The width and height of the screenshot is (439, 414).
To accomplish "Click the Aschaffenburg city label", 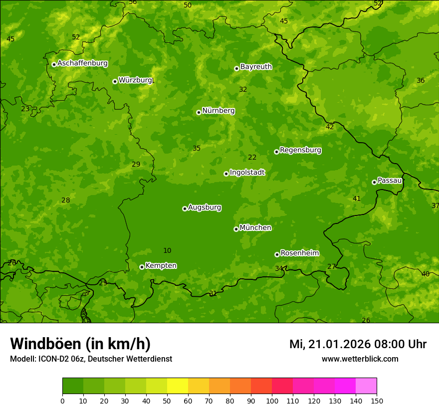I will (82, 63).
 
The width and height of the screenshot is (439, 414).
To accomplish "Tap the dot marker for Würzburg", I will (115, 81).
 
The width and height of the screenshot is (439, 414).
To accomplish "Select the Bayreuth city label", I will (256, 66).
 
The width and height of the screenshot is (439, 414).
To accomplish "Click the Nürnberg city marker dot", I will (199, 112).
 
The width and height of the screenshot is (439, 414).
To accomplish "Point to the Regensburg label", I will (300, 150).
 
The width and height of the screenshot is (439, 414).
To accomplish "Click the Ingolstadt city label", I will (247, 173).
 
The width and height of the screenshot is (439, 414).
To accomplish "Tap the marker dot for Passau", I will (374, 182).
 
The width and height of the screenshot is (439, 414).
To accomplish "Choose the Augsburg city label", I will (205, 207).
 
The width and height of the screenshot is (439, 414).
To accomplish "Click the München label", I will (255, 228).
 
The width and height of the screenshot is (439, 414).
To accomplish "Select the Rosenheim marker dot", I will (277, 254).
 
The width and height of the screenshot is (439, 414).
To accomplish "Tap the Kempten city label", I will (161, 266).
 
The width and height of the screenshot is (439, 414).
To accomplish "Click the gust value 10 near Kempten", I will (167, 250).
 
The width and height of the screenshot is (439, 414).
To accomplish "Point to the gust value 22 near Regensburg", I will (252, 157).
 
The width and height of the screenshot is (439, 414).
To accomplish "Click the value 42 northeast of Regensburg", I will (330, 127).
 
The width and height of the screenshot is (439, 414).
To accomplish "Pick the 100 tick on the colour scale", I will (272, 400).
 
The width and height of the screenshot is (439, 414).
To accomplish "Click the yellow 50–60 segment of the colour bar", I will (178, 386).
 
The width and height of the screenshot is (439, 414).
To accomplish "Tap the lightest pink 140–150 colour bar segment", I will (366, 386).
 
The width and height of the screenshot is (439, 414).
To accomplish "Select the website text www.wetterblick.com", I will (360, 359).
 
